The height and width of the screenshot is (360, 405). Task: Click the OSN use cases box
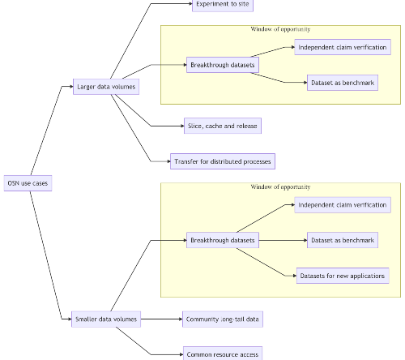[28, 183]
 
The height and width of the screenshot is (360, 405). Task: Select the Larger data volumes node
[106, 87]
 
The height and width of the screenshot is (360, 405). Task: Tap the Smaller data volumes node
[106, 319]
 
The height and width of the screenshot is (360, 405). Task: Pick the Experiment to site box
[223, 5]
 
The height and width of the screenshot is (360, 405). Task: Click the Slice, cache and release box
[223, 126]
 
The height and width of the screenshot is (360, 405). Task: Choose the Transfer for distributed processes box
[223, 161]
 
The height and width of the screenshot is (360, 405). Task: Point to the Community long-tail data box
[223, 319]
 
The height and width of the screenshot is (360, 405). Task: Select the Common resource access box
[223, 354]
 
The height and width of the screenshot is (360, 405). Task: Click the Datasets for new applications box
[343, 276]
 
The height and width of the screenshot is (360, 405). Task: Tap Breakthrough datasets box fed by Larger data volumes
[223, 65]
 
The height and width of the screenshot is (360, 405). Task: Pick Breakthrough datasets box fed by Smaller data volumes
[223, 240]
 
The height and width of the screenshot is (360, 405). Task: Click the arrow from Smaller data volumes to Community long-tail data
[162, 319]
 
